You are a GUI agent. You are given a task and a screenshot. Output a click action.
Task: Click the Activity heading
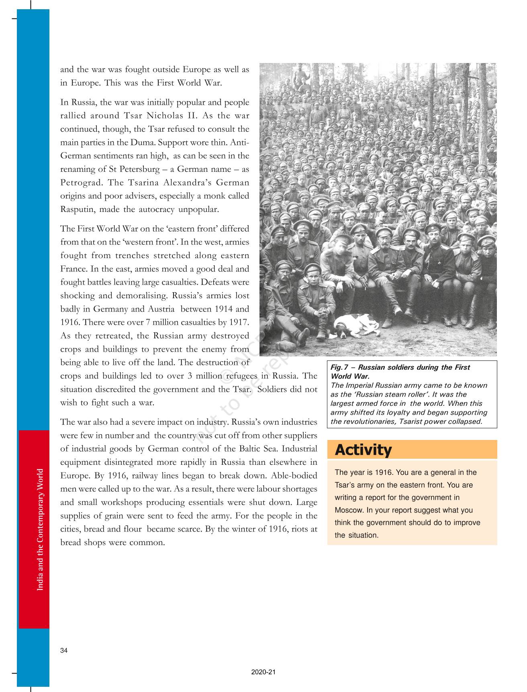(x=363, y=450)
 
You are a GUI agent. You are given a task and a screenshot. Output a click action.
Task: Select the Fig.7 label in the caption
(x=339, y=367)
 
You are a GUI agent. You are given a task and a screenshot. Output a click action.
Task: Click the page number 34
(x=64, y=651)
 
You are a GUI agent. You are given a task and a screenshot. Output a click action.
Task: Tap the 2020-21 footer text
(x=263, y=672)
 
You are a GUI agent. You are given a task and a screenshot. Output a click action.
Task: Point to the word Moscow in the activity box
(x=347, y=510)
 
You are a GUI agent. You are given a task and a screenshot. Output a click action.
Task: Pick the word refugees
(x=242, y=376)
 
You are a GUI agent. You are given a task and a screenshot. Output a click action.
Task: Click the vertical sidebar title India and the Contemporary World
(x=40, y=530)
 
